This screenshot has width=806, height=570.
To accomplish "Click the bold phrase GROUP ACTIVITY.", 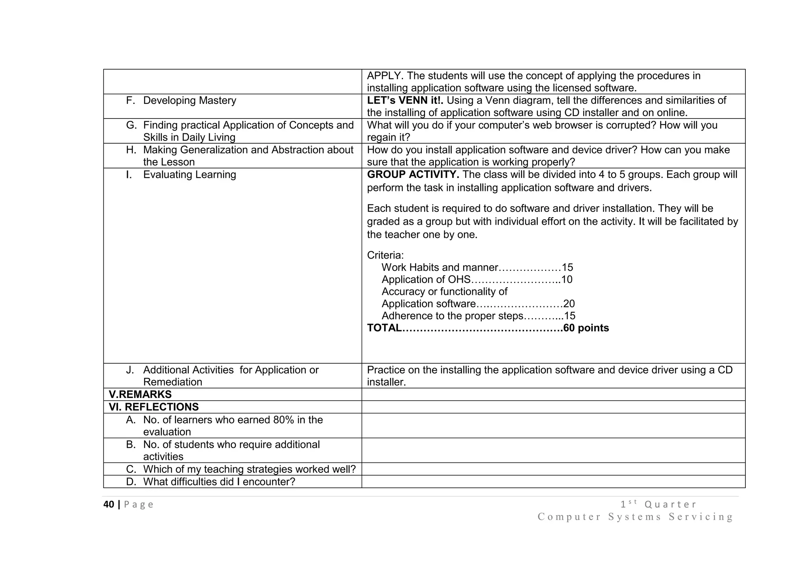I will coord(413,175).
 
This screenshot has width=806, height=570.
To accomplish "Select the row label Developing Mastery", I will coord(189,100).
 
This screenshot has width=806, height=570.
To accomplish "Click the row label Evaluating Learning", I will coord(189,175).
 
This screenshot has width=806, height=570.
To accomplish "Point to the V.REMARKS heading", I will coord(140,394).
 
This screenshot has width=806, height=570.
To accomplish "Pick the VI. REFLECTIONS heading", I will coord(153,407).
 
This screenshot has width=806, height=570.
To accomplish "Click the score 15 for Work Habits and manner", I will coord(567,268).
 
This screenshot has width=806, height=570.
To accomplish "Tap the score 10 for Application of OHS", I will coord(567,280).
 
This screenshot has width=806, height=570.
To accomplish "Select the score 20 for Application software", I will coord(569,304).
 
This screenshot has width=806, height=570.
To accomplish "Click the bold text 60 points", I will coord(586,328).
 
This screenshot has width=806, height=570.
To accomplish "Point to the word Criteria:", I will coord(385,255).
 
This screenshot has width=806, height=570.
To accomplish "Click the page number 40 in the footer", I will coord(109,505).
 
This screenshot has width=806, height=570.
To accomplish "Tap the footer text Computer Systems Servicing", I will coord(635,517).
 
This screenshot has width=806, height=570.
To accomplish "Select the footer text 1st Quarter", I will coord(658,504).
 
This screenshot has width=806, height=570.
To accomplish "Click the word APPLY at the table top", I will coord(385,76).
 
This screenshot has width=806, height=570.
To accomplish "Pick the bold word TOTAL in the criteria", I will coord(384,328).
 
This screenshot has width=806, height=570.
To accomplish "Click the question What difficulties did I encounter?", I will coord(219,482).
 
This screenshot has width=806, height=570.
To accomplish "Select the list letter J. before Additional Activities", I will coord(130,370).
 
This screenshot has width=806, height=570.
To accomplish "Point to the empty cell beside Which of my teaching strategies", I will coord(553,469).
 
